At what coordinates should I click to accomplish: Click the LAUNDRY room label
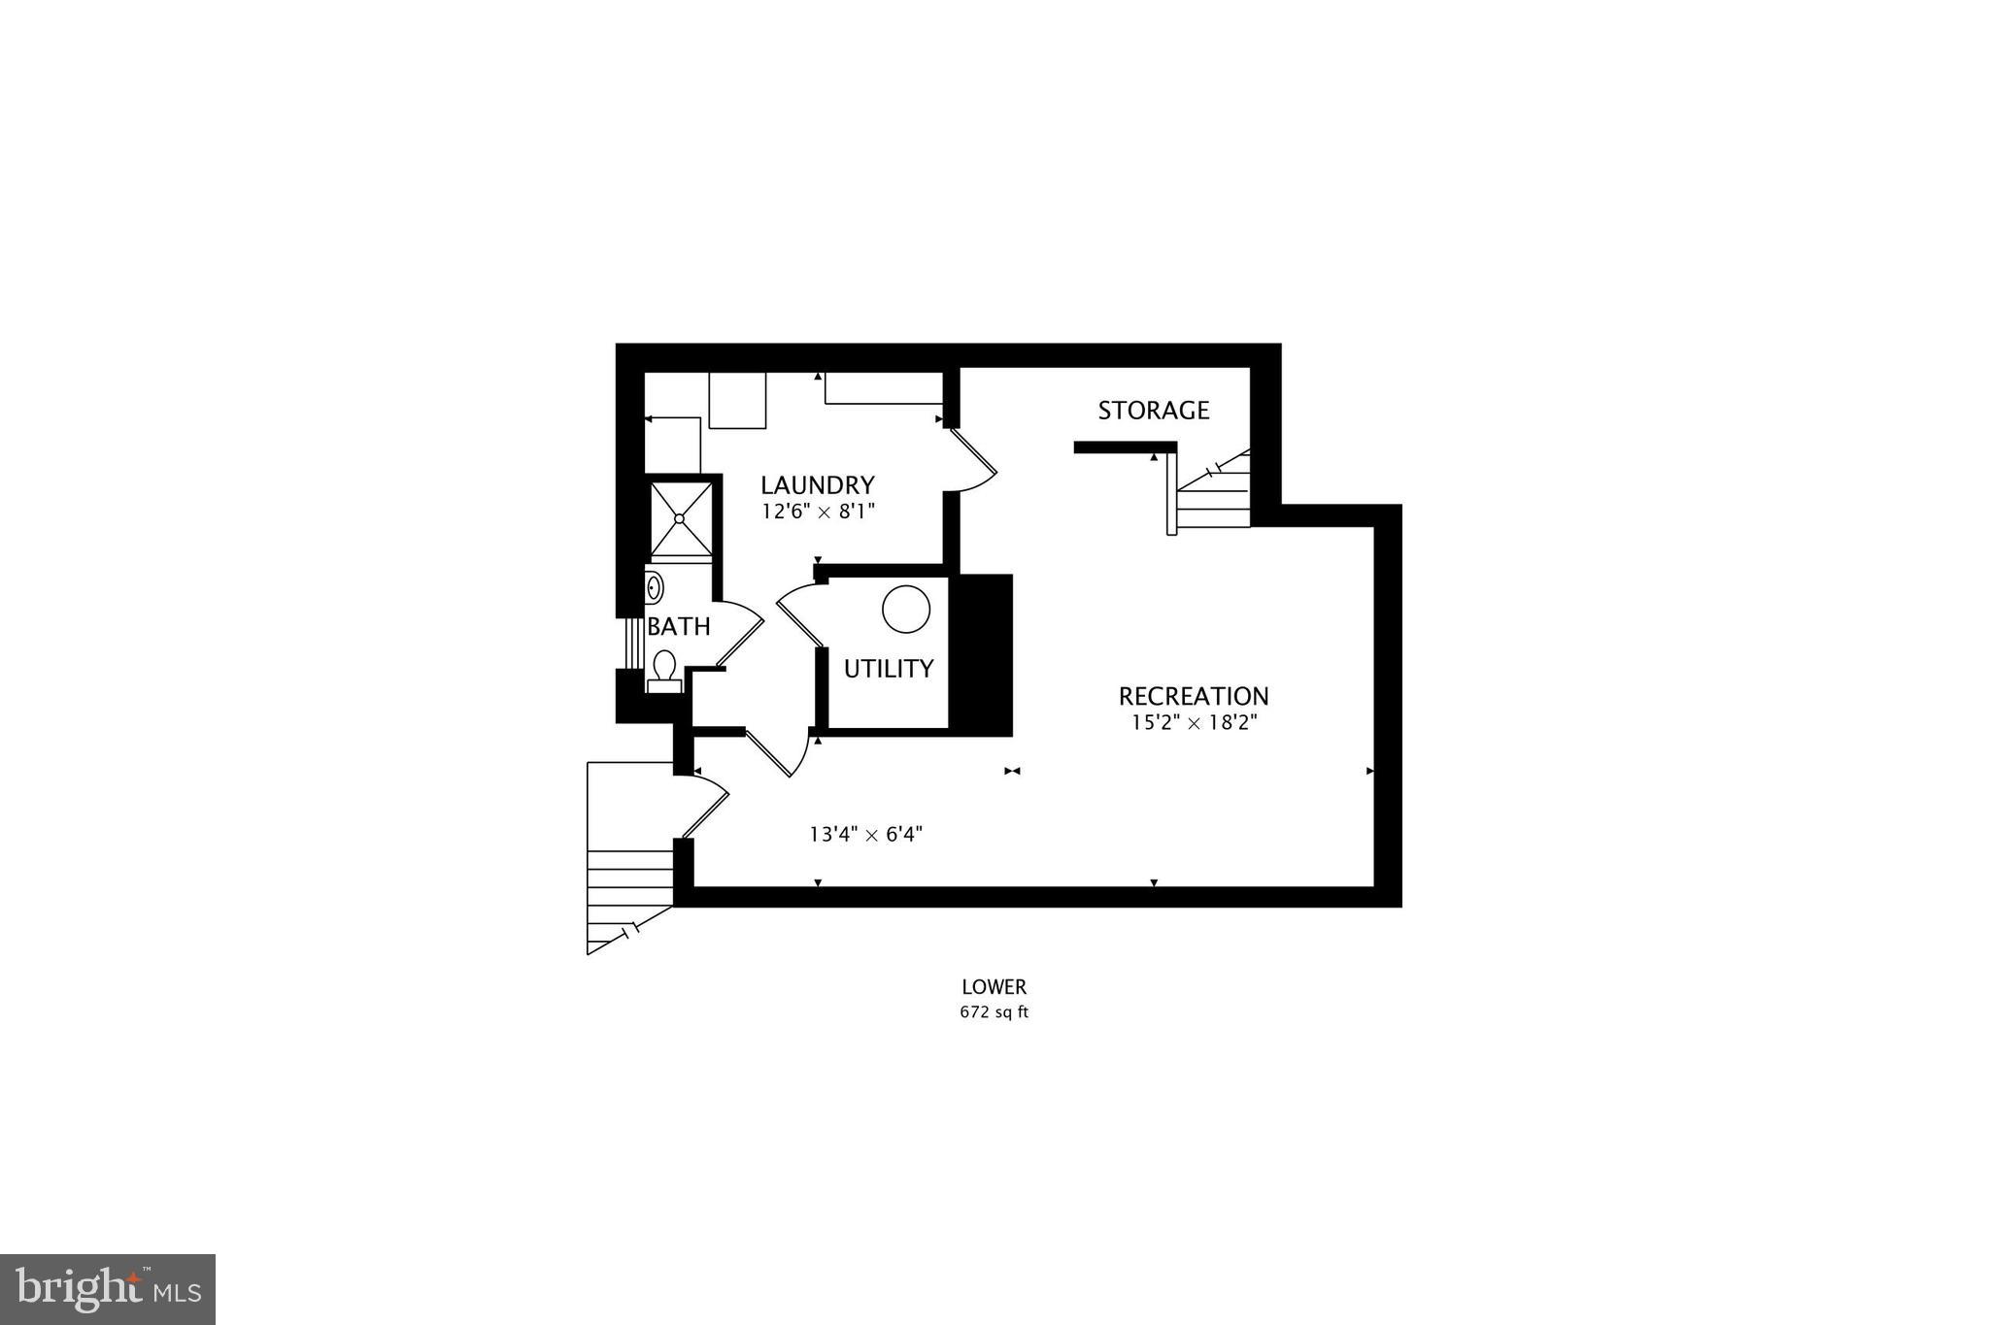point(817,484)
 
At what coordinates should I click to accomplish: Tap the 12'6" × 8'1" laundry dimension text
point(818,511)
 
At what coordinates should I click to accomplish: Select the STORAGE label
point(1153,410)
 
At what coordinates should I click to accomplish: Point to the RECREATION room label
point(1193,696)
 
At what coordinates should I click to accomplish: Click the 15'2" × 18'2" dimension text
point(1194,722)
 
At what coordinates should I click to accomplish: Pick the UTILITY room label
point(888,668)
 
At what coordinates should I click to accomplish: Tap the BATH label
point(678,626)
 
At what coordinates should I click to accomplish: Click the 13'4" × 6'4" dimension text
point(865,834)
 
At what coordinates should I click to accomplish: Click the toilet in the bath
point(664,670)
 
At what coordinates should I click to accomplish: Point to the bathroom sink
point(655,588)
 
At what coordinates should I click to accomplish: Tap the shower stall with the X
point(680,518)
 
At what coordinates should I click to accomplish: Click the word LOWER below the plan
point(994,987)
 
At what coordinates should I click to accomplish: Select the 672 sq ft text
point(994,1012)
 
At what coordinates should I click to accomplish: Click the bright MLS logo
point(108,1289)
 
